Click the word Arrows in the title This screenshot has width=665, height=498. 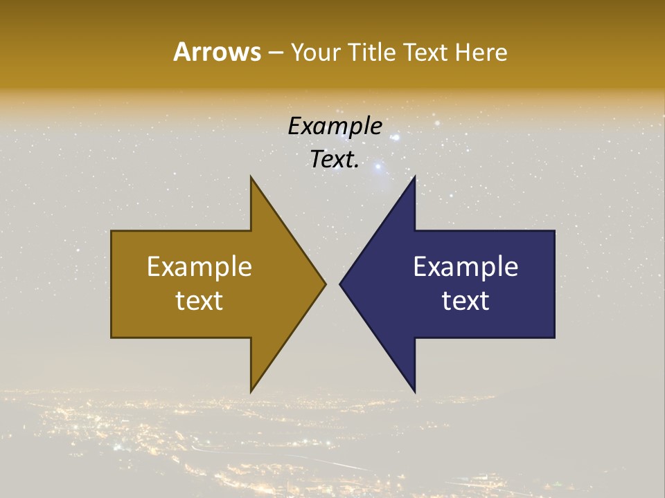coord(216,52)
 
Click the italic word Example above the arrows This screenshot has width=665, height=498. coord(335,126)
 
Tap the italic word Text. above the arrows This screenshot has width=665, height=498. coord(335,160)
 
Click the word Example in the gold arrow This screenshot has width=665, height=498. coord(199,266)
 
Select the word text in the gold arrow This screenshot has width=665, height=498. coord(199,301)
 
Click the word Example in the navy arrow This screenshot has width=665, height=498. coord(465,266)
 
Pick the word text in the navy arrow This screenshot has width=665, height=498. coord(465,301)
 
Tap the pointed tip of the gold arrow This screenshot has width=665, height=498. coord(325,284)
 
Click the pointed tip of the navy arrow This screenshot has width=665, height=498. coord(341,284)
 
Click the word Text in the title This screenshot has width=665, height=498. coord(427,53)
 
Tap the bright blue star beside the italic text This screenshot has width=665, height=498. coord(378,166)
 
